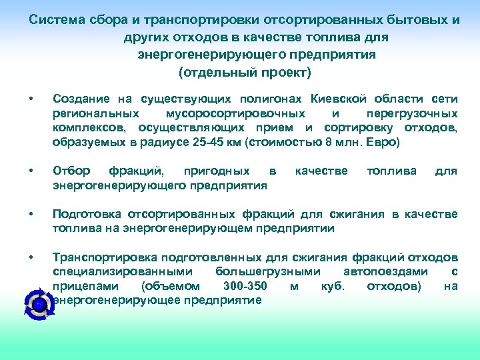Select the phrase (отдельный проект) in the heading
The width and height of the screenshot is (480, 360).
tap(245, 71)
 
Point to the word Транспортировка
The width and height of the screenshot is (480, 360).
tap(105, 257)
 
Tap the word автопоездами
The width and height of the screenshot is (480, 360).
tap(385, 272)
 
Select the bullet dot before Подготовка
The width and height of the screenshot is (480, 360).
tap(31, 214)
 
